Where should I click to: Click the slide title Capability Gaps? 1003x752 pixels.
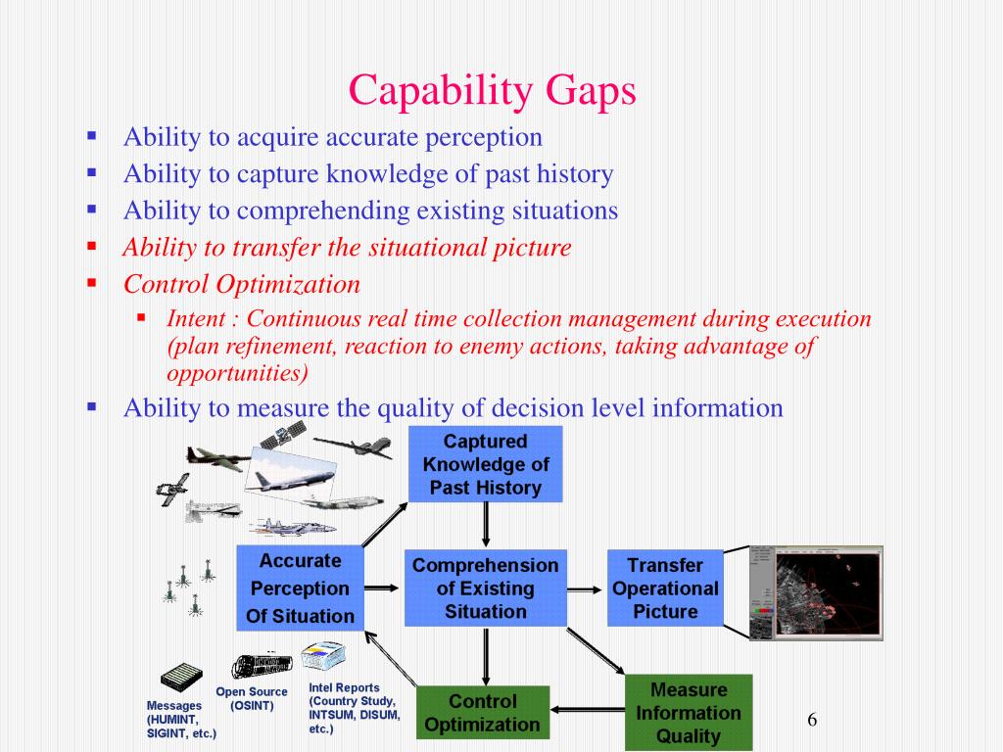click(493, 91)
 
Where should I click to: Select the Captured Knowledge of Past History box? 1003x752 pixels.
click(485, 464)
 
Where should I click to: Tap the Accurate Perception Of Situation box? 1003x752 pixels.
click(300, 588)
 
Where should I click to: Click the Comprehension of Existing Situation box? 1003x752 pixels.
click(485, 588)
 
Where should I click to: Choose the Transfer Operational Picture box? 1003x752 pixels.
click(665, 588)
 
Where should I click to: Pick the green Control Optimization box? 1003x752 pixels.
click(482, 713)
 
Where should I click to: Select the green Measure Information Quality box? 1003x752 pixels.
click(688, 713)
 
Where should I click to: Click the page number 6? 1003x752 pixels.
click(812, 721)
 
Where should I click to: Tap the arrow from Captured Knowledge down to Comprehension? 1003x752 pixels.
click(486, 526)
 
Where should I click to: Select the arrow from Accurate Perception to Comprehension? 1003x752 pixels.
click(383, 588)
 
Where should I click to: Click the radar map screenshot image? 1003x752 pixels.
click(817, 593)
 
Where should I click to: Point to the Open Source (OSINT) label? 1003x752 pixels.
click(252, 698)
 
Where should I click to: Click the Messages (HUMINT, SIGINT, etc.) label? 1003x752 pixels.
click(180, 719)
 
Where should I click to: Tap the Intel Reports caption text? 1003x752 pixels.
click(354, 708)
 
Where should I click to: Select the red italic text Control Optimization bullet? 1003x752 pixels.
click(241, 285)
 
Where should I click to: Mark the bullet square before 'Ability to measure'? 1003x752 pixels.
click(92, 405)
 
